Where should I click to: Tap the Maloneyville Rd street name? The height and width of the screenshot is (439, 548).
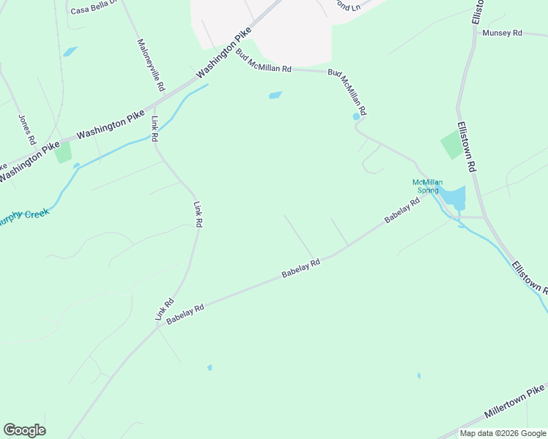click(x=151, y=65)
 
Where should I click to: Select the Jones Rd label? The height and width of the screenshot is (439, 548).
click(x=27, y=129)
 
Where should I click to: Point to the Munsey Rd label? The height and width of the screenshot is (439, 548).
click(x=502, y=33)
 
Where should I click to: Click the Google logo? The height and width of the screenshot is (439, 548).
click(x=24, y=430)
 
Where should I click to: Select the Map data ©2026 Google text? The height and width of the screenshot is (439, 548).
click(x=503, y=433)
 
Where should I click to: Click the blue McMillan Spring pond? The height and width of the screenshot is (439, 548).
click(x=453, y=196)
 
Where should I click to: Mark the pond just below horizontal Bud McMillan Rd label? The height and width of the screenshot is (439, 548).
click(x=275, y=95)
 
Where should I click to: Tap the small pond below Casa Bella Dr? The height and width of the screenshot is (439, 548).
click(x=70, y=52)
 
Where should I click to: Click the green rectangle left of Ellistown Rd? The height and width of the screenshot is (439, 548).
click(x=452, y=146)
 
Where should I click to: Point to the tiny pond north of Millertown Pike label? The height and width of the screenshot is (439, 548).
click(x=419, y=376)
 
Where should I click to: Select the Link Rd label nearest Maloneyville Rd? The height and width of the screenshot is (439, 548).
click(x=155, y=128)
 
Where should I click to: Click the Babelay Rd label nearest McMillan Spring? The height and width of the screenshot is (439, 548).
click(x=401, y=211)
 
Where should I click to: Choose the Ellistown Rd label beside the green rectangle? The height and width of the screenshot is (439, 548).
click(x=467, y=146)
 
